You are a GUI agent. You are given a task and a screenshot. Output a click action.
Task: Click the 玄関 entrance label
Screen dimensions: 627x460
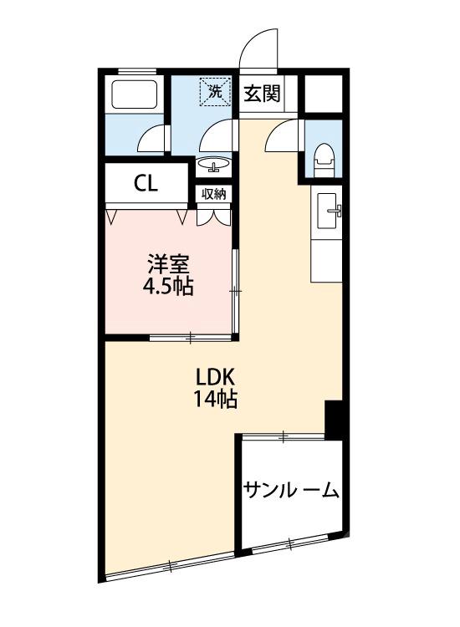click(261, 93)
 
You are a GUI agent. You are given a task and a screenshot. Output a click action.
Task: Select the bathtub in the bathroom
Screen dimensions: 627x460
click(134, 96)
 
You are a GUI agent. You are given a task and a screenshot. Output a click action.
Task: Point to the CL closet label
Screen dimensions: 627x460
click(146, 184)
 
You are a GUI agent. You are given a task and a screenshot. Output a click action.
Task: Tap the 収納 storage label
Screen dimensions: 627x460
click(214, 194)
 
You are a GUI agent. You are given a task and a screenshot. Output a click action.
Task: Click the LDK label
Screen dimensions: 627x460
click(216, 375)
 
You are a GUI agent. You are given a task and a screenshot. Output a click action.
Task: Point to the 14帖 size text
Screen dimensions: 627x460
click(216, 398)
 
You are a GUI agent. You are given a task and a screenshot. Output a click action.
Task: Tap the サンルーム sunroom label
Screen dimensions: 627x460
click(290, 490)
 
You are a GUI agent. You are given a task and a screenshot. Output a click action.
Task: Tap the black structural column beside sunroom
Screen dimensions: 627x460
click(334, 419)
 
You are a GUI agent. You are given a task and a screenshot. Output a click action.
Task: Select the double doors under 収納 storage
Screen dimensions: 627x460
click(213, 216)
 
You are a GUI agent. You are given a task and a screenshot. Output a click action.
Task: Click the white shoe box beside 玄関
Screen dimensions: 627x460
click(325, 94)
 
